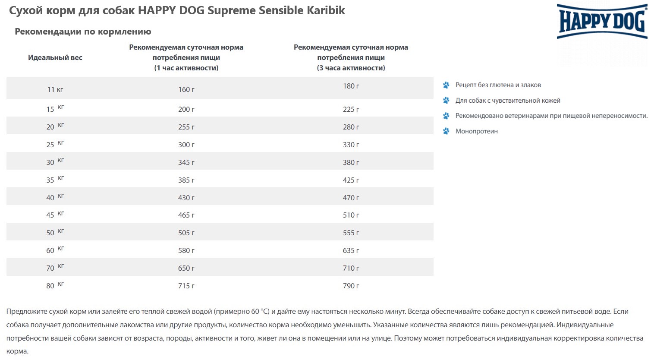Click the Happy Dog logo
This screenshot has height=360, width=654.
pos(602,22)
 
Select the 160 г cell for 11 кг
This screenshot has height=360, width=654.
pos(186,89)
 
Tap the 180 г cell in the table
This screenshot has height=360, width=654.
pos(351,86)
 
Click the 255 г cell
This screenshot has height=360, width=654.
pos(186,127)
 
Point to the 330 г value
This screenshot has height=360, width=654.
pos(351,145)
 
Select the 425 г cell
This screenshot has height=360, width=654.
pos(351,180)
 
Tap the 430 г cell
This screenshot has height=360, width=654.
pos(186,198)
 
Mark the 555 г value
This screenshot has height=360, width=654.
pos(351,233)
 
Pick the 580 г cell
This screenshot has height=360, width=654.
pos(186,250)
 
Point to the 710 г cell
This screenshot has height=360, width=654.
pos(351,268)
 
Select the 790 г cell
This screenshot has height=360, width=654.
pos(351,286)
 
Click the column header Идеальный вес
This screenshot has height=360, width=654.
pos(55,57)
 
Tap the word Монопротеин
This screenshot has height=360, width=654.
pos(476,131)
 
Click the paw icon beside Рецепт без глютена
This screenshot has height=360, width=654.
pos(446,85)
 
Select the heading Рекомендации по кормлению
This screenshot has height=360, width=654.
pos(83,32)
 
